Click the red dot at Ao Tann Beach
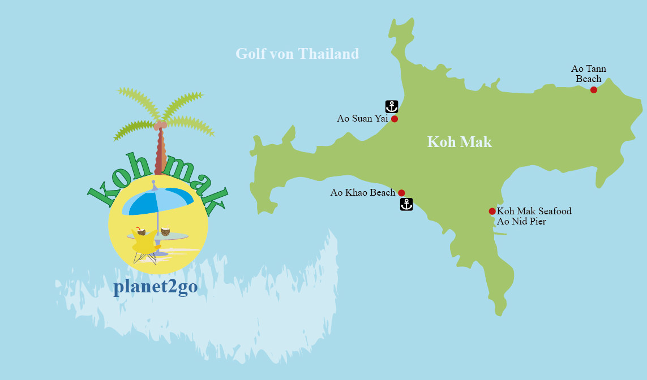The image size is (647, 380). click(x=593, y=90)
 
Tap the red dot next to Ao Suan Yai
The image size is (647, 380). click(x=395, y=119)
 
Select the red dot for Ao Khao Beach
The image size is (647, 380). click(x=401, y=193)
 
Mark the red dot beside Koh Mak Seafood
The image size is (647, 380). click(x=492, y=211)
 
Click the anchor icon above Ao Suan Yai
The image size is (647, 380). click(x=392, y=106)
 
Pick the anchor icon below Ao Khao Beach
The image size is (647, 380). click(x=406, y=204)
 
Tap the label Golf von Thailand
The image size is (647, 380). click(x=297, y=54)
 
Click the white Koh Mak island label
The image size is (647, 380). click(x=459, y=141)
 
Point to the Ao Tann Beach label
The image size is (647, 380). click(x=588, y=74)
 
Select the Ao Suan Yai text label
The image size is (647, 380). click(x=362, y=119)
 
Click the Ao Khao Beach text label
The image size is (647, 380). click(x=362, y=193)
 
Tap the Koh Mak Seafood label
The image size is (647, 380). click(x=534, y=211)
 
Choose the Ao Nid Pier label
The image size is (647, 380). click(x=521, y=222)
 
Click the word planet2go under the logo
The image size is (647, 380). click(x=155, y=287)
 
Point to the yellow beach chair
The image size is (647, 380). click(x=144, y=243)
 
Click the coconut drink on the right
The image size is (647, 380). click(x=165, y=231)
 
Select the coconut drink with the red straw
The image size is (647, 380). click(x=140, y=231)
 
